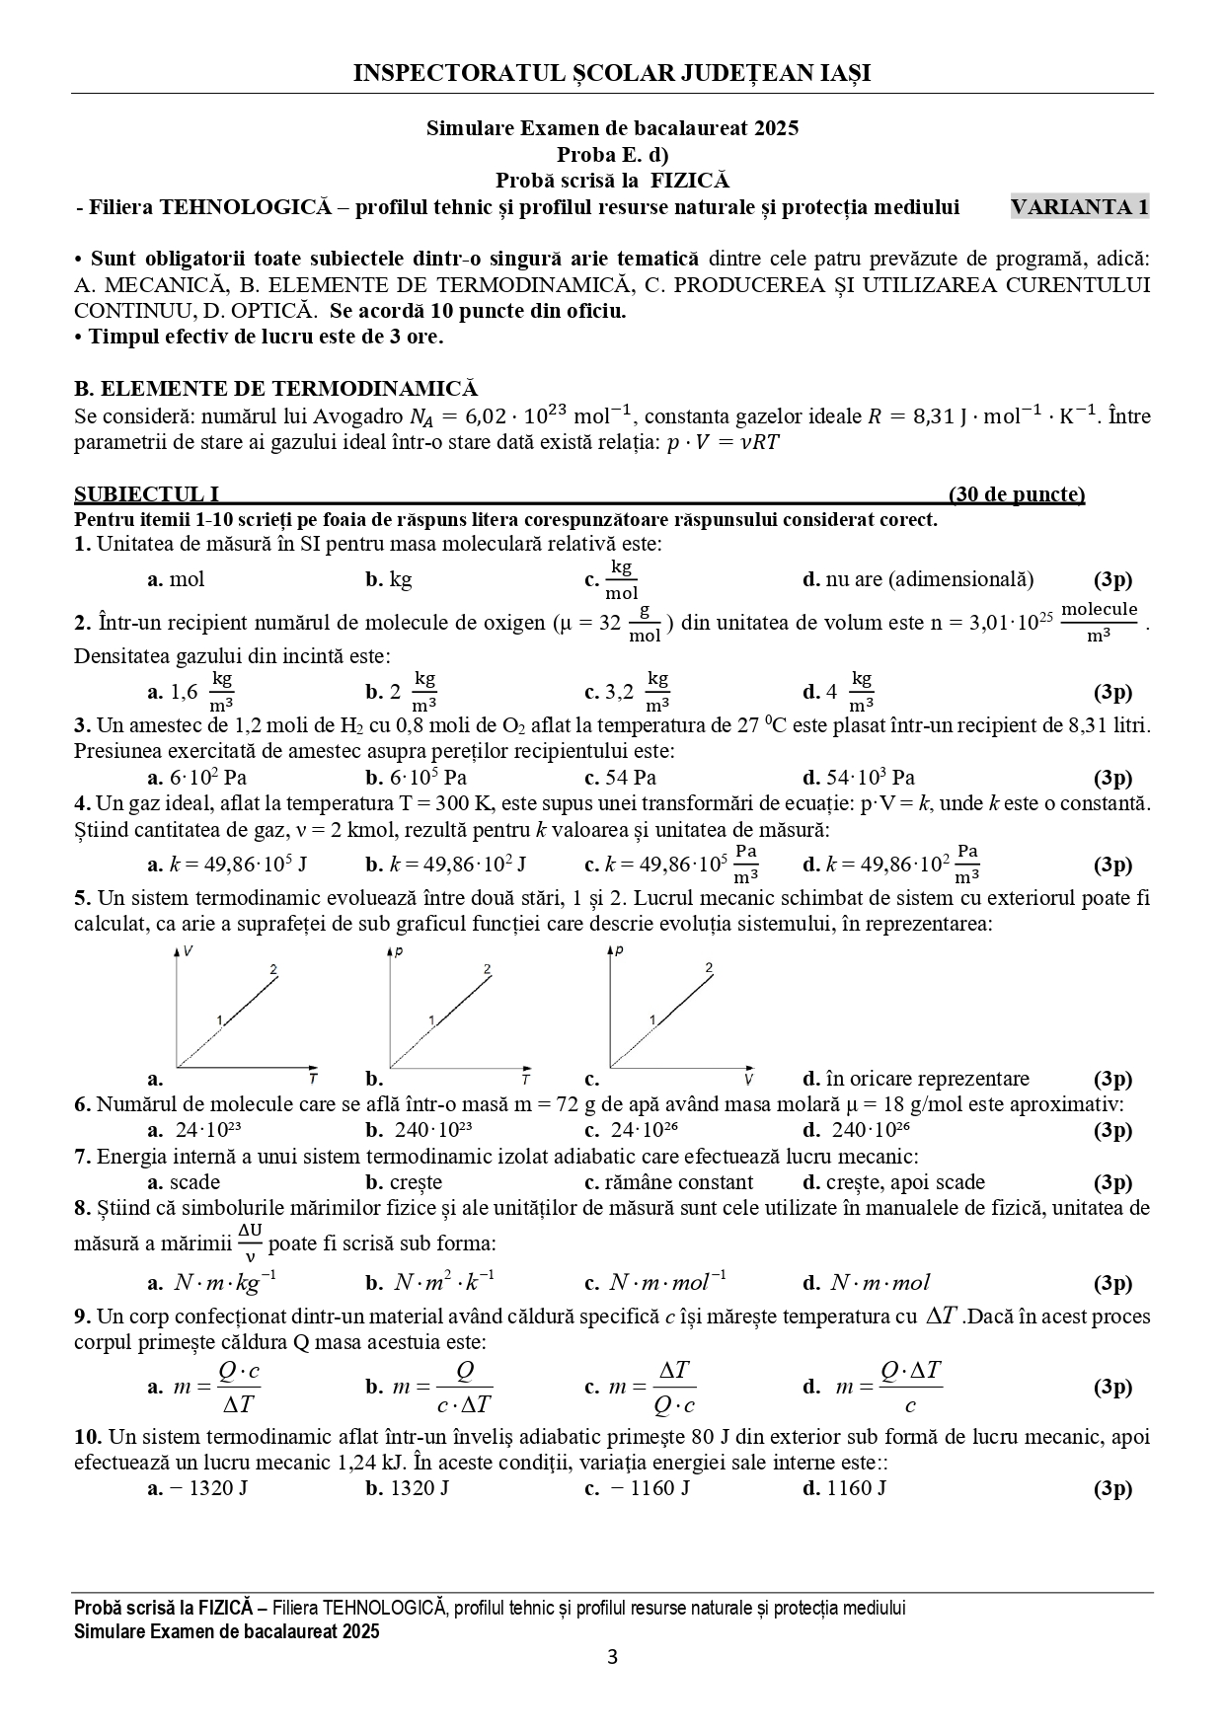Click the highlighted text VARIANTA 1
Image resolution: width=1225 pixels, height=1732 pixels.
1080,207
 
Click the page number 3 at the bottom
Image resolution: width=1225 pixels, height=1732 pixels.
612,1685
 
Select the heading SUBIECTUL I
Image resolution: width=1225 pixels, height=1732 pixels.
146,494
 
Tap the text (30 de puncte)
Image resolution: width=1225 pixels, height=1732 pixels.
1016,494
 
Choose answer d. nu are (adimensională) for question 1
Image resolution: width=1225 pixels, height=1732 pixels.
918,579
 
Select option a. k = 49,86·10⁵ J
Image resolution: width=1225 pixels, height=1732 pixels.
227,866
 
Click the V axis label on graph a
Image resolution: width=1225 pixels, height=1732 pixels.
188,951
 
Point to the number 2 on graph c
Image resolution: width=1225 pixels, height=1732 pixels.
709,968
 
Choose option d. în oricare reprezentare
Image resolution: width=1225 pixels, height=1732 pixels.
916,1079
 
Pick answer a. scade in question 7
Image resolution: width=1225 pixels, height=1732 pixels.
185,1182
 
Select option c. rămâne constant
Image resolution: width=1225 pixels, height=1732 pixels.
668,1182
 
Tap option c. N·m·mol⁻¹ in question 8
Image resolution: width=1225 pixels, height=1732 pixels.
655,1283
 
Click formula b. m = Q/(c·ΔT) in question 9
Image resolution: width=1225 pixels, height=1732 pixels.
428,1387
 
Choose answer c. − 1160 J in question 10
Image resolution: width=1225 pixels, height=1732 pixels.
638,1488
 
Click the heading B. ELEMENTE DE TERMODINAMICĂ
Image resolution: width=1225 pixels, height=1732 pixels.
275,389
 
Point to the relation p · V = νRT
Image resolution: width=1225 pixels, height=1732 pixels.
723,442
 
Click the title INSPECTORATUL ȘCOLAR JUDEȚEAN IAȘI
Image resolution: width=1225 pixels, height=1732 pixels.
612,73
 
